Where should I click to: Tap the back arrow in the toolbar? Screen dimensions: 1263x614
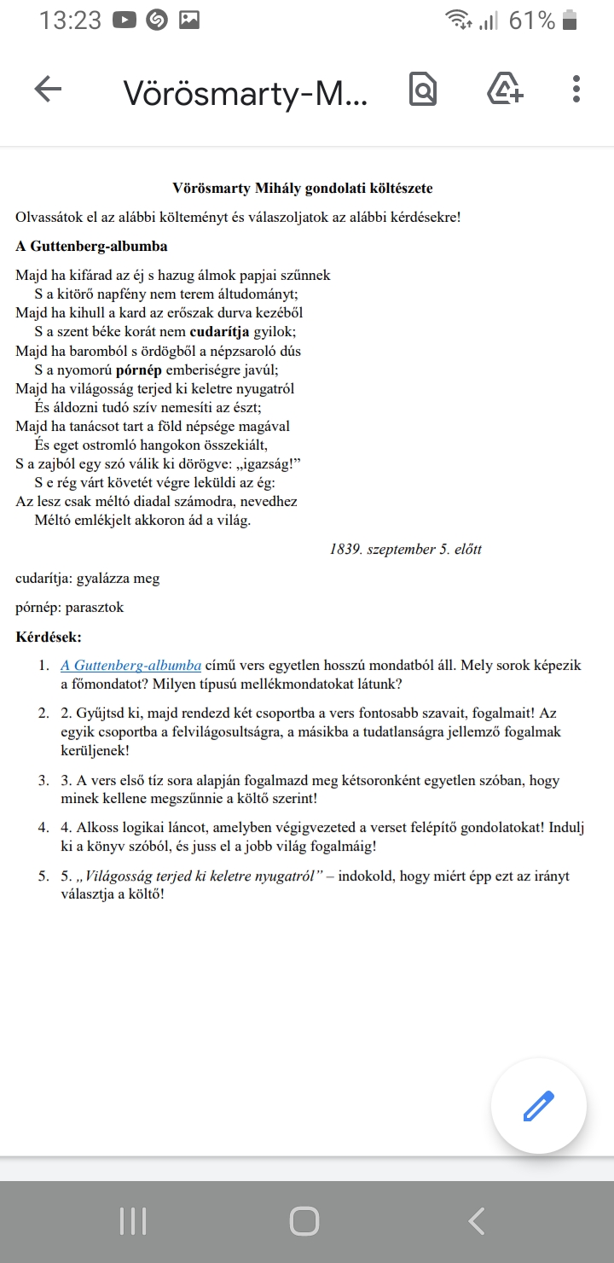(48, 89)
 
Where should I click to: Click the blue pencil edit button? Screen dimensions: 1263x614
(538, 1106)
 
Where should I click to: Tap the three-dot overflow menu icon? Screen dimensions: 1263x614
(576, 89)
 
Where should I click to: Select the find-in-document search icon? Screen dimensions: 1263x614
(423, 89)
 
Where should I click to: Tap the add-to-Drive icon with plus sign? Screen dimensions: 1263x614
(505, 89)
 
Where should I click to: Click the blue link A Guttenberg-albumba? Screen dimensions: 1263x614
(130, 666)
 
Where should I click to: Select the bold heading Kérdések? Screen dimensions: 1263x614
(49, 637)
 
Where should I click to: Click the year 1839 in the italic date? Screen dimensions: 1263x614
(346, 550)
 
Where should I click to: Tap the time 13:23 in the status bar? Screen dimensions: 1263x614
(70, 20)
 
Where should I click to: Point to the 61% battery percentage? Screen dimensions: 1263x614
(531, 20)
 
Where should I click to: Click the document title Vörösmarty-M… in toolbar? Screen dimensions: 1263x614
(246, 92)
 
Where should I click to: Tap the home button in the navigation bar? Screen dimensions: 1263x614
(304, 1221)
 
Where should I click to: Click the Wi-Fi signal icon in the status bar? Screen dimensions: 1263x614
(458, 20)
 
